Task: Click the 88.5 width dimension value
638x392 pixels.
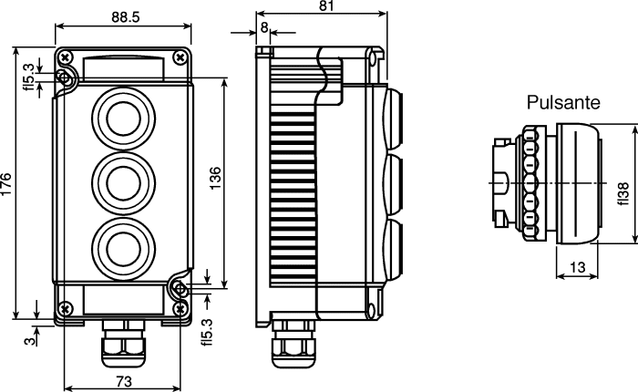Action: [x=126, y=17]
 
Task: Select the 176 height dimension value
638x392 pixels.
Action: [x=5, y=184]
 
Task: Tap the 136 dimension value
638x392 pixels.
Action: [x=215, y=178]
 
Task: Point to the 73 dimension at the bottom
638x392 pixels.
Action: [x=124, y=382]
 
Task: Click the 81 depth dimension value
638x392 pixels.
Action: [x=326, y=5]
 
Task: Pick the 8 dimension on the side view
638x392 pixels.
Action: [x=264, y=27]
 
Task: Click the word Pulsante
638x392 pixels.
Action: [x=563, y=102]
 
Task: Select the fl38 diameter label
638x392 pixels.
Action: [x=623, y=194]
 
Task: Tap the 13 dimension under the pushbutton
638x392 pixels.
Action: [x=577, y=267]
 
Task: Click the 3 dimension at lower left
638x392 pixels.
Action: [x=30, y=340]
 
